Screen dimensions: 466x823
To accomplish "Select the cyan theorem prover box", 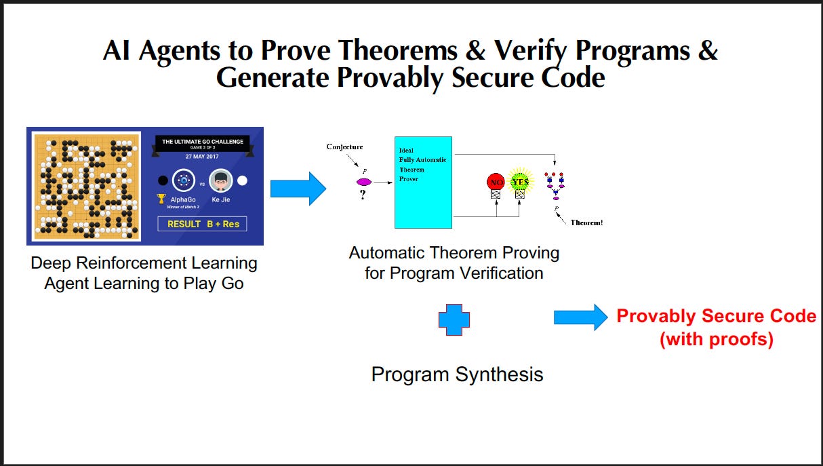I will pyautogui.click(x=423, y=182).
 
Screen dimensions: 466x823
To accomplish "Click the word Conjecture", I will pyautogui.click(x=344, y=147).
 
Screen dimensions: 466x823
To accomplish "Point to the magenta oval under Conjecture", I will pyautogui.click(x=364, y=182).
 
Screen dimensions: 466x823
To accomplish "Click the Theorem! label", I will pyautogui.click(x=586, y=222).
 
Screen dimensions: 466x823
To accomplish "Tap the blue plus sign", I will pyautogui.click(x=454, y=319).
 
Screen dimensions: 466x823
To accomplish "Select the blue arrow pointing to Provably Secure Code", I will pyautogui.click(x=580, y=317).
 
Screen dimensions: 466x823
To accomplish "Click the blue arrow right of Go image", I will pyautogui.click(x=298, y=188).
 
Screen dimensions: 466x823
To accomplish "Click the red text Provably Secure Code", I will pyautogui.click(x=716, y=316).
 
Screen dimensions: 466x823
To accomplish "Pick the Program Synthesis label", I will pyautogui.click(x=457, y=374).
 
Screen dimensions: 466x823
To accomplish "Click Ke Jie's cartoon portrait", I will pyautogui.click(x=220, y=181).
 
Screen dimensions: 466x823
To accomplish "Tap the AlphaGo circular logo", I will pyautogui.click(x=183, y=181).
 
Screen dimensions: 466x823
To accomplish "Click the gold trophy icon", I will pyautogui.click(x=161, y=199).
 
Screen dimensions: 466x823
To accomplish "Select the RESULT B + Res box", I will pyautogui.click(x=202, y=223).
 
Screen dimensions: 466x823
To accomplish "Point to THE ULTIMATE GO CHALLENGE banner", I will pyautogui.click(x=202, y=142).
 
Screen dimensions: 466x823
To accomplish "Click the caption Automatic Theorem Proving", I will pyautogui.click(x=454, y=253).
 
